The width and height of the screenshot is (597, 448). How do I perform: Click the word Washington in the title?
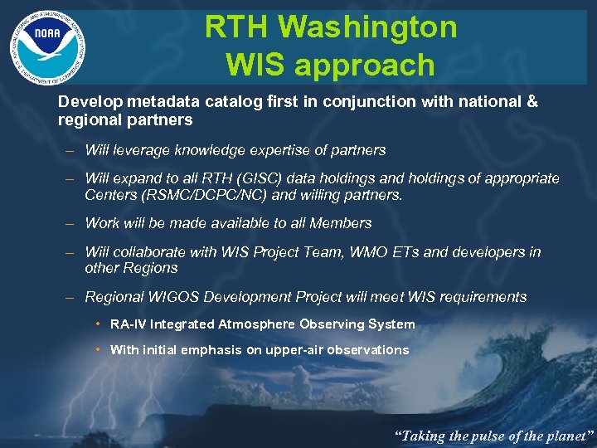tap(366, 27)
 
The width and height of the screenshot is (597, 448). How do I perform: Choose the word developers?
tap(486, 251)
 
